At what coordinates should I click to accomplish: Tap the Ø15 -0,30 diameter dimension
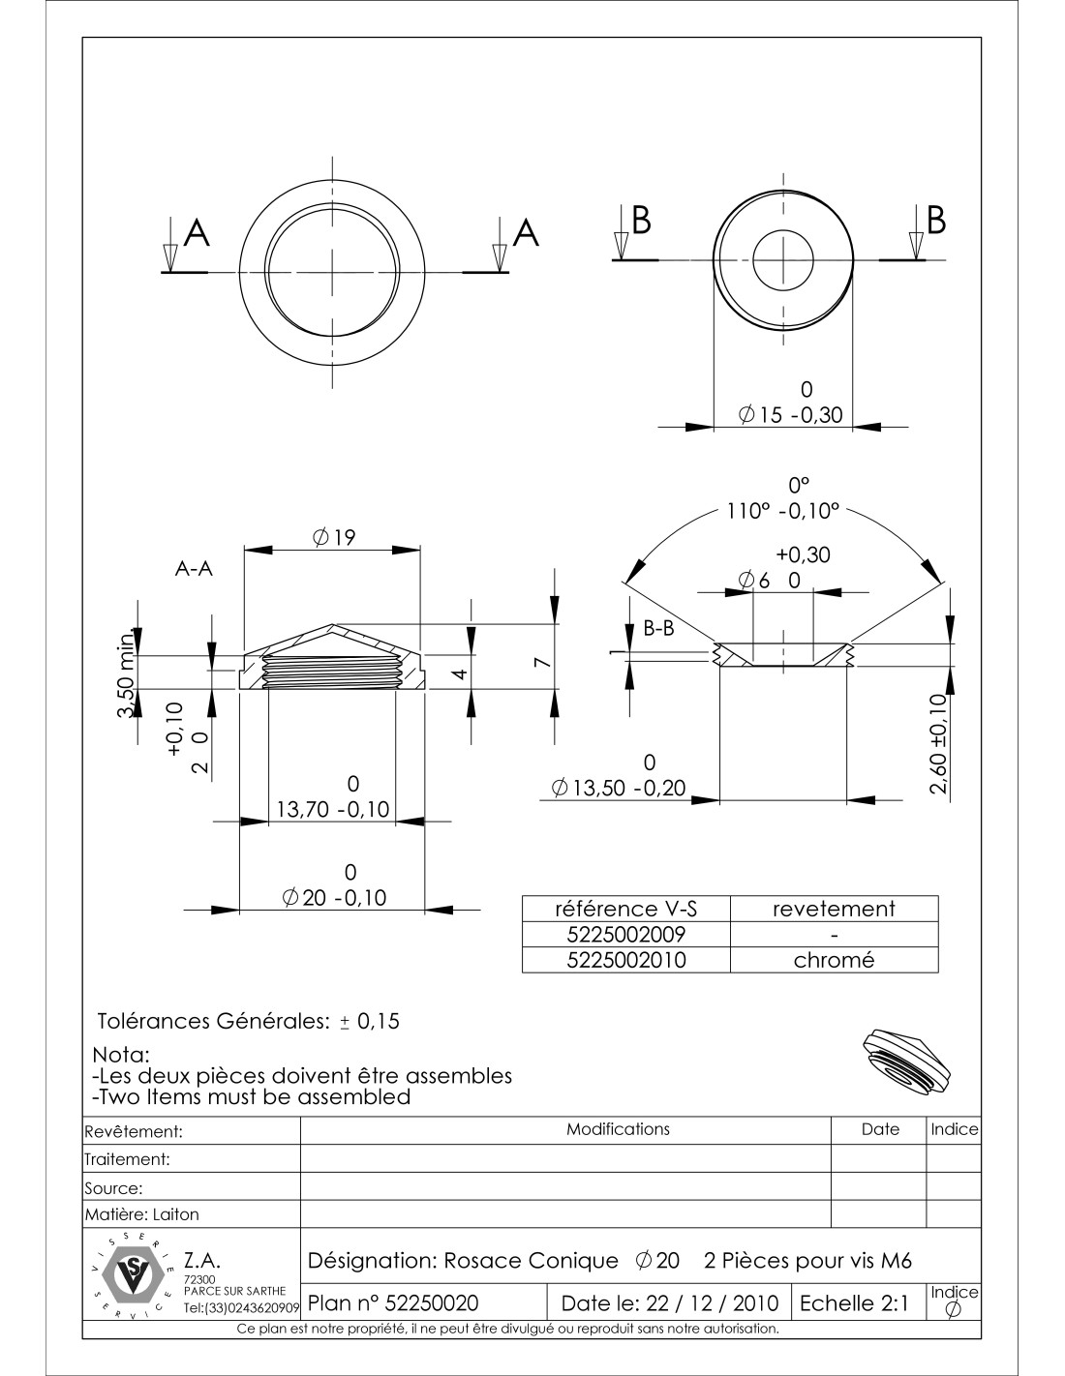pos(791,415)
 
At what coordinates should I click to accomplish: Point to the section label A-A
pos(194,570)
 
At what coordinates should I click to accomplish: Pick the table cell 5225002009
pos(624,934)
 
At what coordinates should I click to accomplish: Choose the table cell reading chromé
pos(834,960)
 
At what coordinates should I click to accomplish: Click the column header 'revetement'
pos(834,909)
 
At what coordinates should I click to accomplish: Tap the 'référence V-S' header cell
pos(624,909)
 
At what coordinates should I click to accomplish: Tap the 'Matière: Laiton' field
pos(142,1213)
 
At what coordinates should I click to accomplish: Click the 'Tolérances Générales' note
pos(249,1021)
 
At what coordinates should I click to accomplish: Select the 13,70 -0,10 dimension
pos(332,809)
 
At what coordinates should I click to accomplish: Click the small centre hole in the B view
pos(782,261)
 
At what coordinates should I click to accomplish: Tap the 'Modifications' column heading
pos(618,1129)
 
